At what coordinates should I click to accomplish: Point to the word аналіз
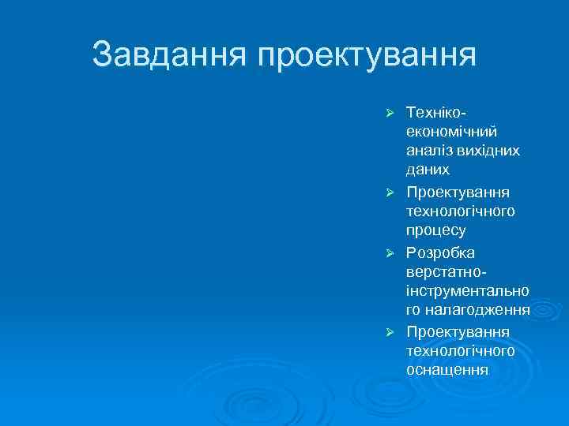[x=428, y=150]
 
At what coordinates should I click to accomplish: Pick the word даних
[x=428, y=170]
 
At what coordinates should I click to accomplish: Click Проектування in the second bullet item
[x=458, y=192]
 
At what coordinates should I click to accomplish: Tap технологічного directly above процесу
[x=461, y=211]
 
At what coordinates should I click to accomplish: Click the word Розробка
[x=441, y=252]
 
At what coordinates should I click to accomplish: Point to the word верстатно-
[x=444, y=272]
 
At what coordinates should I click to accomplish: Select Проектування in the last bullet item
[x=458, y=331]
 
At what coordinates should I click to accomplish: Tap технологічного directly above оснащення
[x=461, y=351]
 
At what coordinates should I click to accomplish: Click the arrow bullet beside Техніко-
[x=389, y=110]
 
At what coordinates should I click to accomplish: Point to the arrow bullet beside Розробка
[x=389, y=252]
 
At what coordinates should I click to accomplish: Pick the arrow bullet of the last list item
[x=389, y=331]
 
